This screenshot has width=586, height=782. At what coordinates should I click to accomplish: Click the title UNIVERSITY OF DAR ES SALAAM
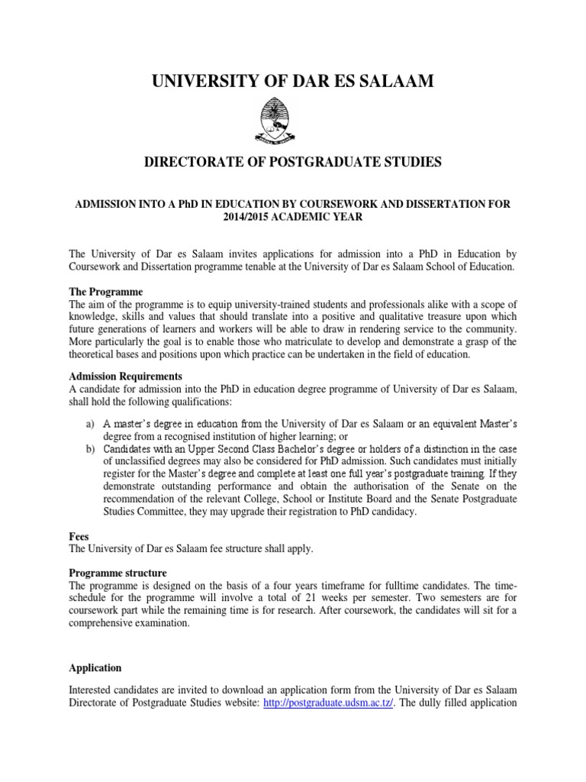[x=292, y=79]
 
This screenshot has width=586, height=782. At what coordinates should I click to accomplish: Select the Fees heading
[x=79, y=537]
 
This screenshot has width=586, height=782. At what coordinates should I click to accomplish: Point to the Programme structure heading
[x=118, y=573]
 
